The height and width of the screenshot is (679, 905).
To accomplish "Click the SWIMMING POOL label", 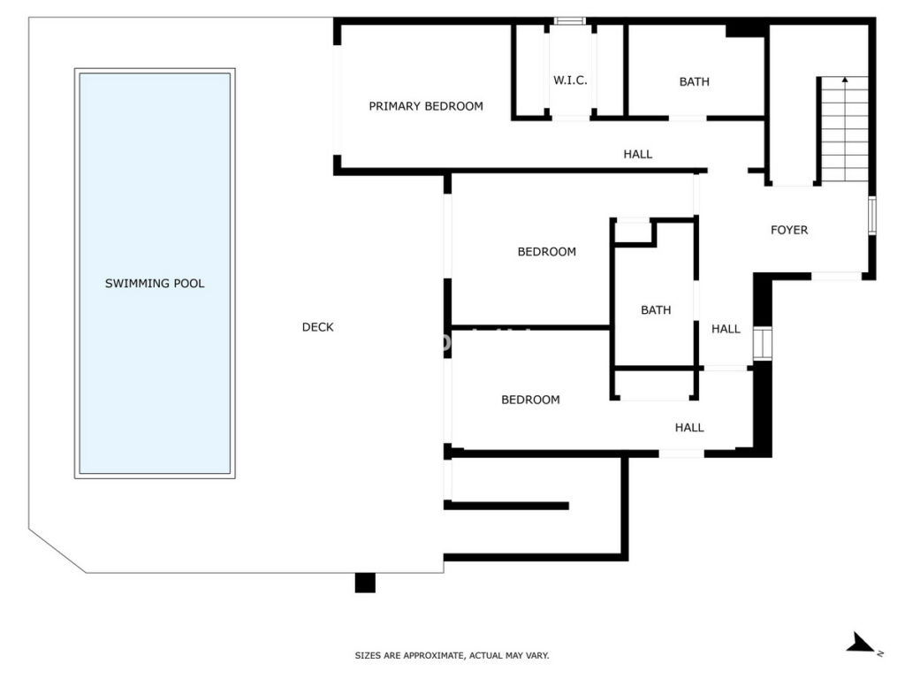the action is [x=155, y=283].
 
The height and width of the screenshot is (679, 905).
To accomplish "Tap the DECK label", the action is [x=317, y=327].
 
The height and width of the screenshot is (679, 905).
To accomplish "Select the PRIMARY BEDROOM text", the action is [x=426, y=106].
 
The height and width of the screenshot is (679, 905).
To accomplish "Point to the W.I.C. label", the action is [x=570, y=80].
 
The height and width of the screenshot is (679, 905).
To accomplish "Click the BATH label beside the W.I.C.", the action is [x=695, y=82].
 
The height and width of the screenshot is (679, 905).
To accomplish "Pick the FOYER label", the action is [x=789, y=230].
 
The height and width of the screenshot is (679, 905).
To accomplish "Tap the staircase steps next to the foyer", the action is [x=844, y=129].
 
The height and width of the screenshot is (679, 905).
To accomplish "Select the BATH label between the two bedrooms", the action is [x=656, y=310].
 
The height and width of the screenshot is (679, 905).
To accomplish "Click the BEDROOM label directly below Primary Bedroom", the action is [x=546, y=252].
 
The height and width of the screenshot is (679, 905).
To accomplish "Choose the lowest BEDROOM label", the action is [x=530, y=400].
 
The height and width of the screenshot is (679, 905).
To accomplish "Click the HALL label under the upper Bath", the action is [x=638, y=154].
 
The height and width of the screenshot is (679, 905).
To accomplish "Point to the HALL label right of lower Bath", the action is [x=726, y=329].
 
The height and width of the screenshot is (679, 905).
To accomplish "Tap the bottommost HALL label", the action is [x=689, y=428].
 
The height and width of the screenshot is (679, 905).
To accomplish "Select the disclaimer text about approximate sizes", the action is [x=452, y=655].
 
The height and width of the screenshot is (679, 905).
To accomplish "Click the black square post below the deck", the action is [x=365, y=583].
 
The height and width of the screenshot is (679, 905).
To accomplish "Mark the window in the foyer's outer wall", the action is [x=872, y=216].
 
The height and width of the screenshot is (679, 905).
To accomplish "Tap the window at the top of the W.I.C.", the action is [x=570, y=21].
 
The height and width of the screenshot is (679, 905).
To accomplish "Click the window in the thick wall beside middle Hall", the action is [x=763, y=344].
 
